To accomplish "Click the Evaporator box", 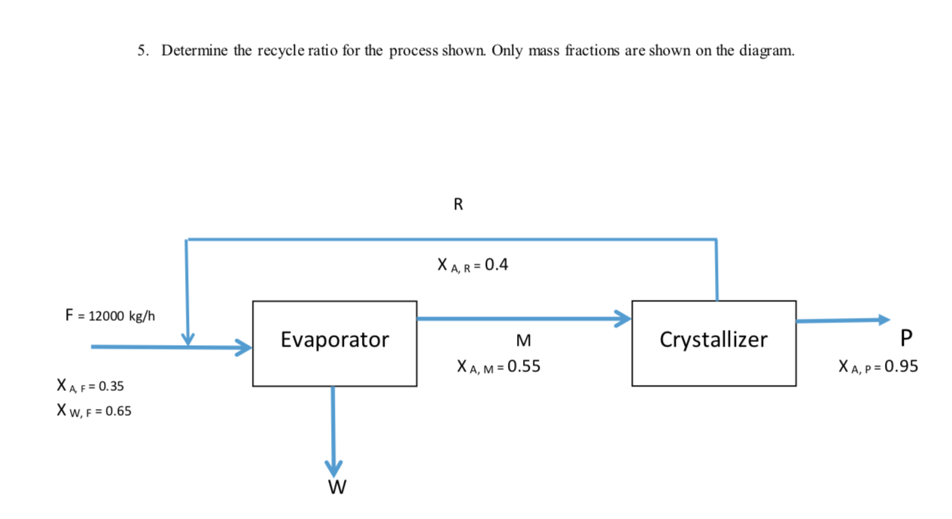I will [x=334, y=343].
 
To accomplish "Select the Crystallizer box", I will [x=713, y=343].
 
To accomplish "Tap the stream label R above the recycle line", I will [x=459, y=204].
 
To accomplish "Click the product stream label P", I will [x=905, y=337].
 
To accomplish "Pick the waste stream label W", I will [x=336, y=489].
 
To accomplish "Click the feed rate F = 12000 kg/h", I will [x=111, y=316].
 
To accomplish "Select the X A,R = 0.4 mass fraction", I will [x=472, y=265].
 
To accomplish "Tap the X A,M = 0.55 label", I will [x=497, y=368].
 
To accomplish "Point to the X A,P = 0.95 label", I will [x=878, y=368].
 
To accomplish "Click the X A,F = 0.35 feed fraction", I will [x=90, y=386].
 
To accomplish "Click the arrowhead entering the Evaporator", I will [x=243, y=347].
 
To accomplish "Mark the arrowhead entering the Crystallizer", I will [x=622, y=319].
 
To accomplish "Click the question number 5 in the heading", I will [x=141, y=51].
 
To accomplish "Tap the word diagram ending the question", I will [x=769, y=51].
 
